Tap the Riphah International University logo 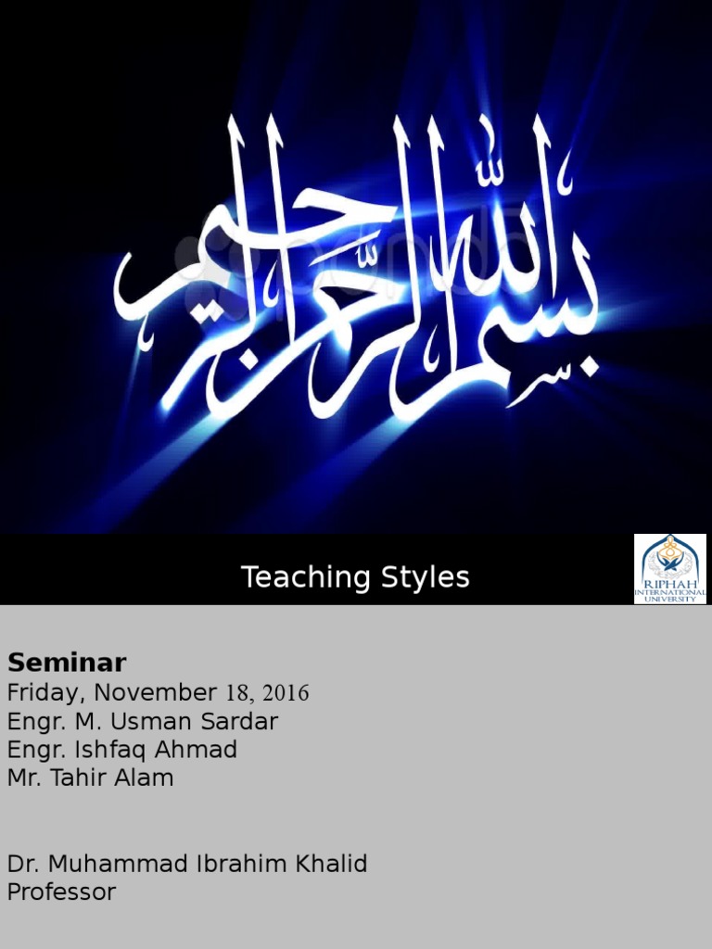click(670, 569)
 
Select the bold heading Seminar click(67, 663)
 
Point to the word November click(159, 692)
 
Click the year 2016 click(286, 693)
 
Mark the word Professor click(62, 893)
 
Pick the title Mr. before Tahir click(24, 778)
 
